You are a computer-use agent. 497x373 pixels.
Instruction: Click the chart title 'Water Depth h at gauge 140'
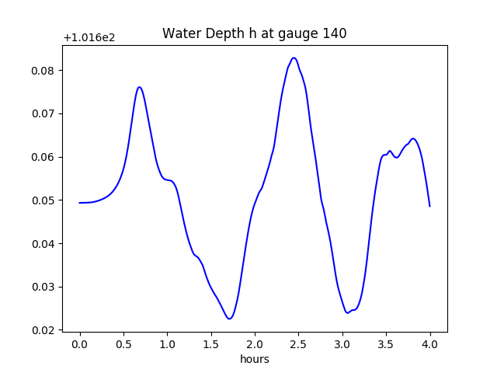coord(254,33)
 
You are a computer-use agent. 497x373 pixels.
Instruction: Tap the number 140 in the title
coord(335,33)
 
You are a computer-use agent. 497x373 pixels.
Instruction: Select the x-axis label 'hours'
coord(254,360)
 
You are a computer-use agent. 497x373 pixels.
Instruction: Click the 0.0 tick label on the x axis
coord(80,344)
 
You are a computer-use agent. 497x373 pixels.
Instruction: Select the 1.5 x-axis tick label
coord(211,344)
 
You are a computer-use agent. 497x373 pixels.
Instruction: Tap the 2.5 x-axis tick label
coord(299,344)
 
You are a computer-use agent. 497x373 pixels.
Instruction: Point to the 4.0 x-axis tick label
coord(429,344)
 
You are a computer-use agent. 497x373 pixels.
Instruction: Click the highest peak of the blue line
coord(294,58)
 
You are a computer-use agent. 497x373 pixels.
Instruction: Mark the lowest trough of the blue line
coord(229,319)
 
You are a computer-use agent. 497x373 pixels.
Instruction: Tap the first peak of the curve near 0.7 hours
coord(139,87)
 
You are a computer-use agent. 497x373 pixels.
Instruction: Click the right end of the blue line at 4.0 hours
coord(429,206)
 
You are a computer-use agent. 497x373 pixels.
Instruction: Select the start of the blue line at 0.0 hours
coord(80,203)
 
